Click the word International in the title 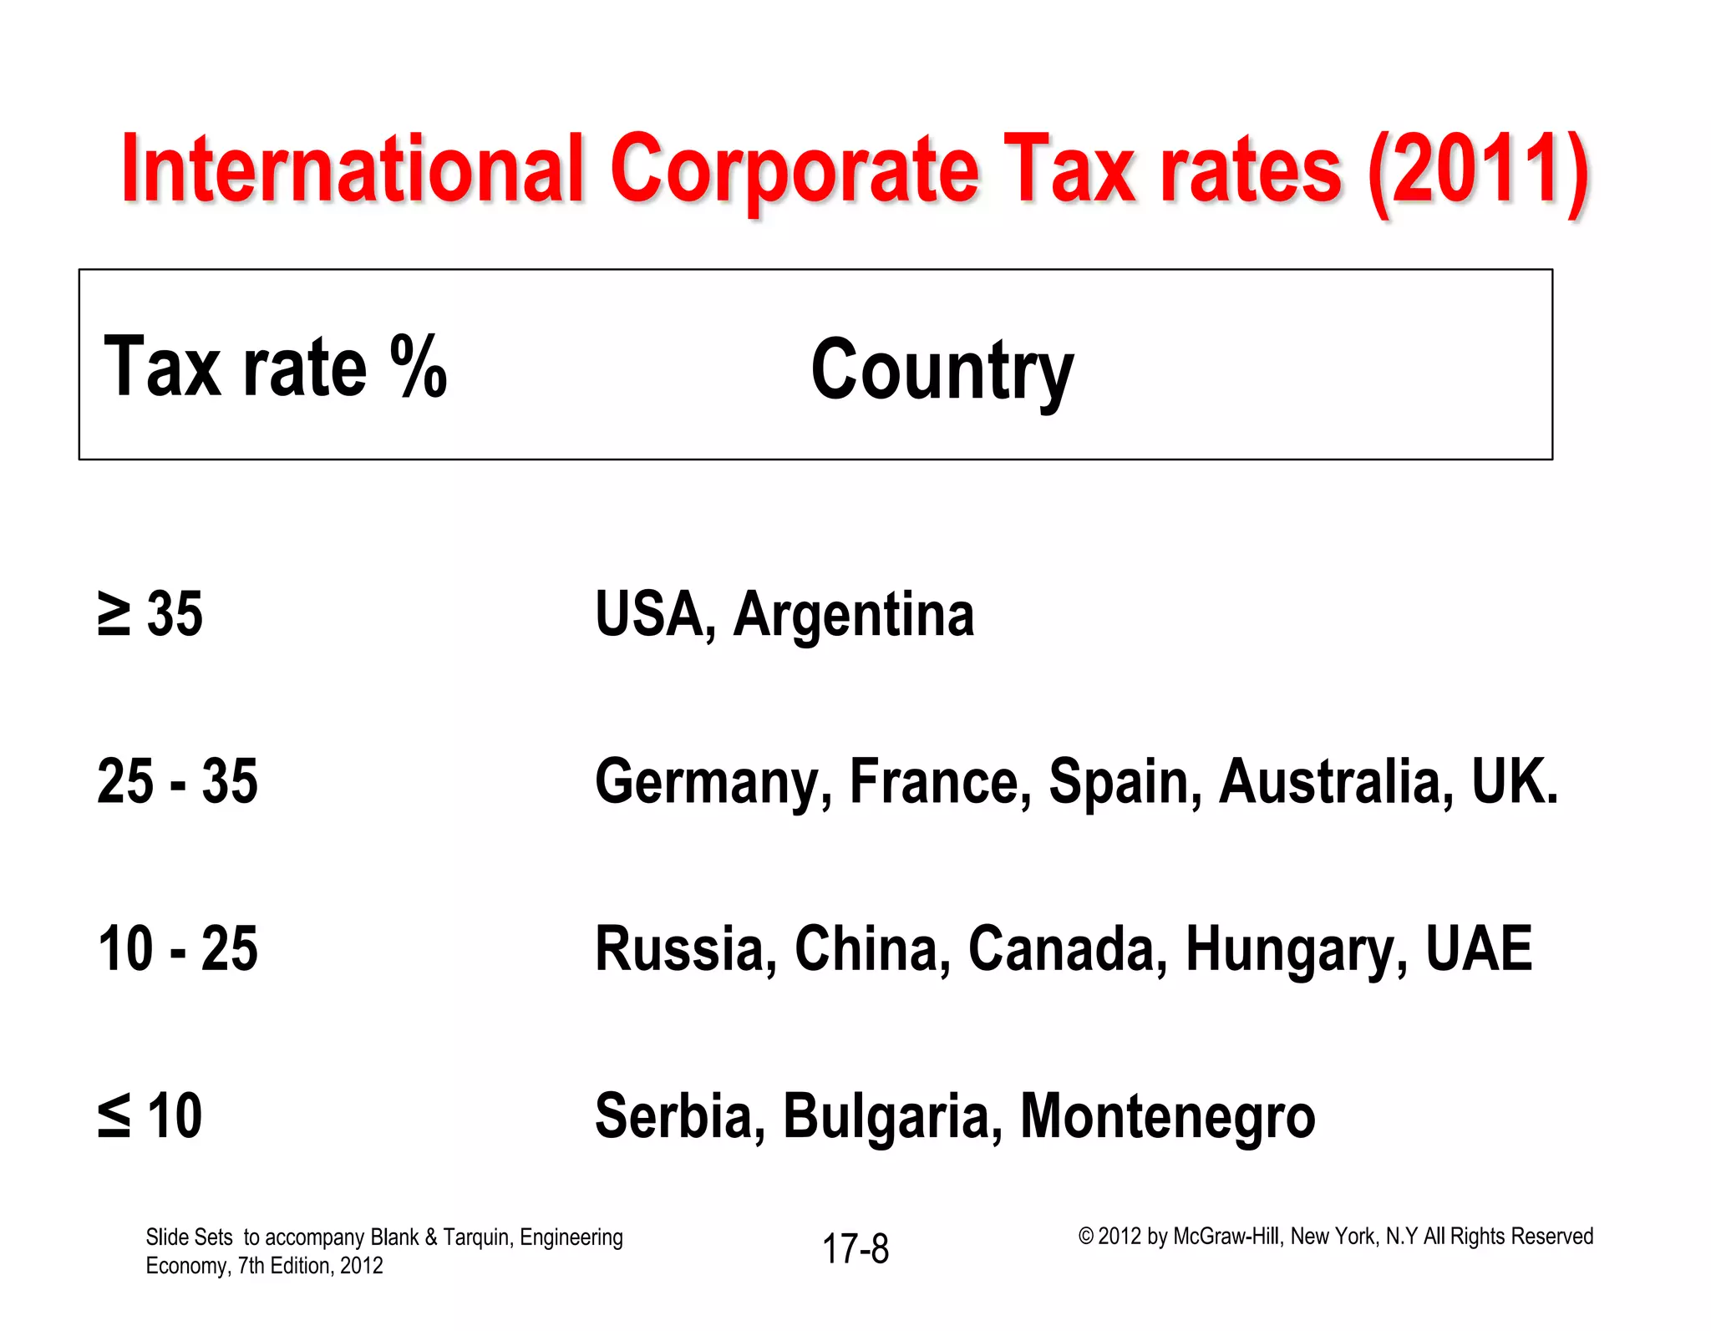[351, 170]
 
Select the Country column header [942, 370]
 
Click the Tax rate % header [275, 368]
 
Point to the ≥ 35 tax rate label [150, 615]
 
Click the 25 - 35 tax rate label [177, 782]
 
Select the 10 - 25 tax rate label [177, 949]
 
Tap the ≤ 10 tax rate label [150, 1116]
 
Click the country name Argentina [853, 617]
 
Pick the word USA [651, 615]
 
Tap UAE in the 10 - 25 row [1479, 949]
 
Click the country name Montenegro [1167, 1118]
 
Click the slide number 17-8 [855, 1249]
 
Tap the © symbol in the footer [1085, 1237]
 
